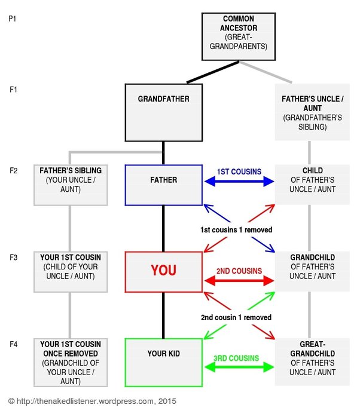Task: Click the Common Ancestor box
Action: [239, 36]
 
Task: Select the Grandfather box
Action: [164, 112]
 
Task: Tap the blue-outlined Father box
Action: [164, 185]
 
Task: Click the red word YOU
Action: [164, 271]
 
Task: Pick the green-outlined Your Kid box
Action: [164, 363]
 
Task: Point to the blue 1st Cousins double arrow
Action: [239, 182]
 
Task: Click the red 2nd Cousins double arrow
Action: [239, 281]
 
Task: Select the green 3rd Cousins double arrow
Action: [239, 367]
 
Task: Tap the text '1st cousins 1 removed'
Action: [236, 230]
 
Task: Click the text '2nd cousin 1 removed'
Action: [236, 317]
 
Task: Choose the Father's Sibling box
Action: [71, 185]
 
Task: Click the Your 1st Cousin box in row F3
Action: [71, 272]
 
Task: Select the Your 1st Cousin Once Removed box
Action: [71, 363]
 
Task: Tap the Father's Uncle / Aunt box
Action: [312, 112]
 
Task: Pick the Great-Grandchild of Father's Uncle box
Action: [312, 361]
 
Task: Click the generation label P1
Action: [13, 19]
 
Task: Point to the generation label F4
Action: [14, 344]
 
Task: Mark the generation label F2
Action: [14, 171]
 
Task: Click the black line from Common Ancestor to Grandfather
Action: [213, 72]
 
